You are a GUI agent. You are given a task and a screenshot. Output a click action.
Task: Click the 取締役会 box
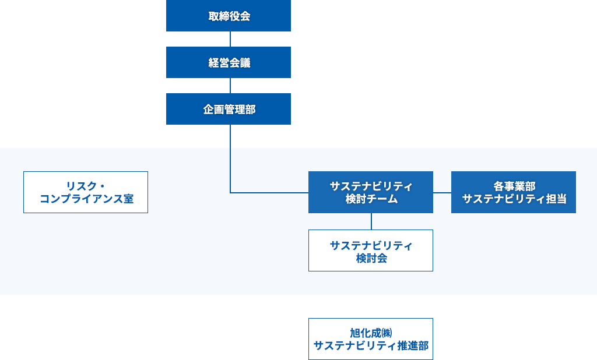click(228, 16)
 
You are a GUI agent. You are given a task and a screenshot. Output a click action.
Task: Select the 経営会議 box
click(228, 62)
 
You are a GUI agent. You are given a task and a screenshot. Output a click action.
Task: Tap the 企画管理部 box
click(228, 109)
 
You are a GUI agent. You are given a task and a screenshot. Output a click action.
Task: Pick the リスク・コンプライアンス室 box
click(86, 192)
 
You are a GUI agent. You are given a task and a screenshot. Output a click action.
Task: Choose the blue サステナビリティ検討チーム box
click(370, 192)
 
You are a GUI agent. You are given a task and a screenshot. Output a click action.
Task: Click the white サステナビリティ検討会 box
click(370, 250)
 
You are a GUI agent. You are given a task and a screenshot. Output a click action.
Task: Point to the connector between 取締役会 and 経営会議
click(230, 39)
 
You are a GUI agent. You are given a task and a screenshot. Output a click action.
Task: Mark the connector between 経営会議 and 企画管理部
click(230, 86)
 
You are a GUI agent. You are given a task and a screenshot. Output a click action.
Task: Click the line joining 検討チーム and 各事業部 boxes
click(442, 192)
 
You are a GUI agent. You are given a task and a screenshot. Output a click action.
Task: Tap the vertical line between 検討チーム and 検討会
click(371, 221)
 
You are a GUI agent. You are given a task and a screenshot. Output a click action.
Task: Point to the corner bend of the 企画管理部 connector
click(231, 192)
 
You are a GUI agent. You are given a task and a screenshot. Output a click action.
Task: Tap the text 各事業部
click(514, 186)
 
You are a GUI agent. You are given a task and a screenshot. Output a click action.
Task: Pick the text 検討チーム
click(371, 199)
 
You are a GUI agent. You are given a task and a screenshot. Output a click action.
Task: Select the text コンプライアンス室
click(86, 199)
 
